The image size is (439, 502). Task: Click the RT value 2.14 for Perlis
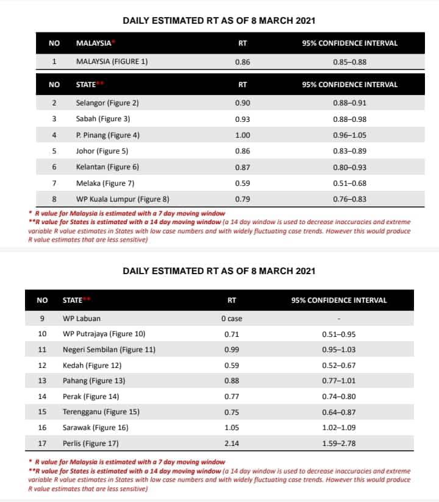(x=231, y=444)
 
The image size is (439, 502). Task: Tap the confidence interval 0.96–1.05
(x=349, y=135)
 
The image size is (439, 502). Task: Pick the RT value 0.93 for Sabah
(x=242, y=119)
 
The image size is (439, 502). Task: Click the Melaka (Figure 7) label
(x=105, y=183)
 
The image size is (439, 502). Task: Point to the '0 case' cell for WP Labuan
(x=232, y=318)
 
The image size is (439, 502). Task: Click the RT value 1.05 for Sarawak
(x=231, y=428)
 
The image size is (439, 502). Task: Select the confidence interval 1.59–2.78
(x=339, y=444)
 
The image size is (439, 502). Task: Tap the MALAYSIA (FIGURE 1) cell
(x=112, y=62)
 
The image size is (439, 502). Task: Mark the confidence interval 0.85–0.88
(x=349, y=62)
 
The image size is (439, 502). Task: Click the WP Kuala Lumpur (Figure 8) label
(x=123, y=199)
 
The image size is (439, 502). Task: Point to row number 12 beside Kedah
(x=42, y=366)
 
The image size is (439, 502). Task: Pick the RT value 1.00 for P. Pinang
(x=242, y=135)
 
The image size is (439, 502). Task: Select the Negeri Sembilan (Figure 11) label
(x=109, y=350)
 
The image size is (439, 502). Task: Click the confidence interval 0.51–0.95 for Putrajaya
(x=339, y=334)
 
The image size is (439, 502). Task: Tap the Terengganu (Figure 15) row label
(x=101, y=412)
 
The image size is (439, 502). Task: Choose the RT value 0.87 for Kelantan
(x=242, y=167)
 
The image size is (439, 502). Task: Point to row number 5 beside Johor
(x=54, y=151)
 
